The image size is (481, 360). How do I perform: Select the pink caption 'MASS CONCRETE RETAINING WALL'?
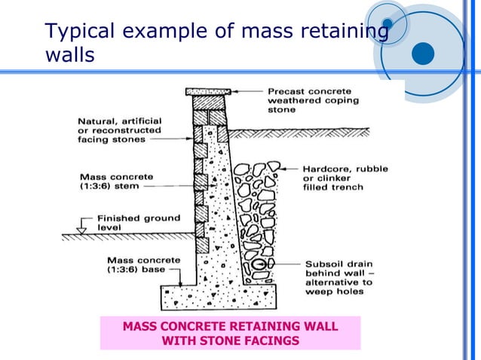(x=230, y=326)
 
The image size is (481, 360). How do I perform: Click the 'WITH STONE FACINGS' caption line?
(x=230, y=340)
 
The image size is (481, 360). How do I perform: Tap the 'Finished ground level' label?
(x=139, y=224)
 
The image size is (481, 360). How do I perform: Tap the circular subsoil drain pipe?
(x=258, y=264)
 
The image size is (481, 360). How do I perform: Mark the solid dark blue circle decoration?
(x=424, y=53)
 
